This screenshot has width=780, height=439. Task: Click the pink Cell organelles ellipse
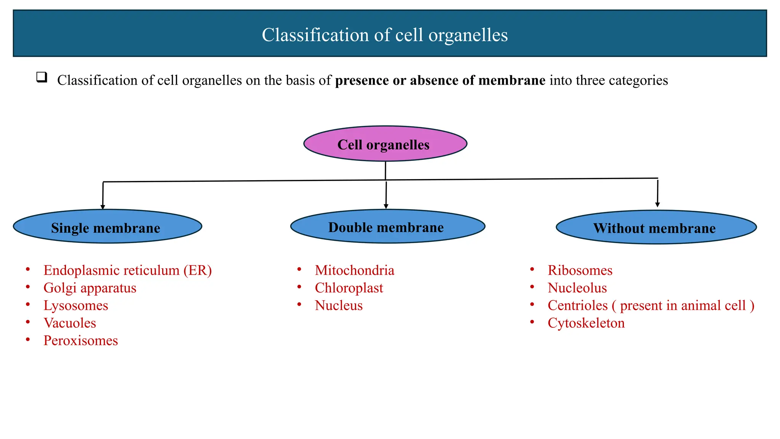pyautogui.click(x=385, y=144)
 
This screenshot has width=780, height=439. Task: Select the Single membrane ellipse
pyautogui.click(x=107, y=227)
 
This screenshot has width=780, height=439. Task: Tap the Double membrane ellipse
pyautogui.click(x=387, y=226)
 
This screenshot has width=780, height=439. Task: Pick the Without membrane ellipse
pyautogui.click(x=656, y=228)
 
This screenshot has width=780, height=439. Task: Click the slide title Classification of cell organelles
pyautogui.click(x=385, y=35)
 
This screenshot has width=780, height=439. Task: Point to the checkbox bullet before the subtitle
pyautogui.click(x=42, y=77)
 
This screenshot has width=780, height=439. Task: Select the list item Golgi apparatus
pyautogui.click(x=90, y=288)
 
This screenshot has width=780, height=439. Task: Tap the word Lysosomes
pyautogui.click(x=76, y=306)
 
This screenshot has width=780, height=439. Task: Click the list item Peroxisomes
pyautogui.click(x=81, y=341)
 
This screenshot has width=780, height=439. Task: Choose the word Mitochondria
pyautogui.click(x=355, y=271)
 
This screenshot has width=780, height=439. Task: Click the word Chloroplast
pyautogui.click(x=349, y=288)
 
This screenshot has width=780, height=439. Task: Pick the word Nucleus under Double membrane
pyautogui.click(x=339, y=306)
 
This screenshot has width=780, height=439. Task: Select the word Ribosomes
pyautogui.click(x=580, y=271)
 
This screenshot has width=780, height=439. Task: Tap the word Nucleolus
pyautogui.click(x=577, y=288)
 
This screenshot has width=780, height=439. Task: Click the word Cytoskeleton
pyautogui.click(x=586, y=323)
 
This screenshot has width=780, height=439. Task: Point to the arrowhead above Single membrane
pyautogui.click(x=102, y=207)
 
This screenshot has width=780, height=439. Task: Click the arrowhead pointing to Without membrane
pyautogui.click(x=657, y=205)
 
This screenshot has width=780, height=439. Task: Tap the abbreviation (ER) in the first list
pyautogui.click(x=197, y=271)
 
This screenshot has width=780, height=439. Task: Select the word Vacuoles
pyautogui.click(x=70, y=323)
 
